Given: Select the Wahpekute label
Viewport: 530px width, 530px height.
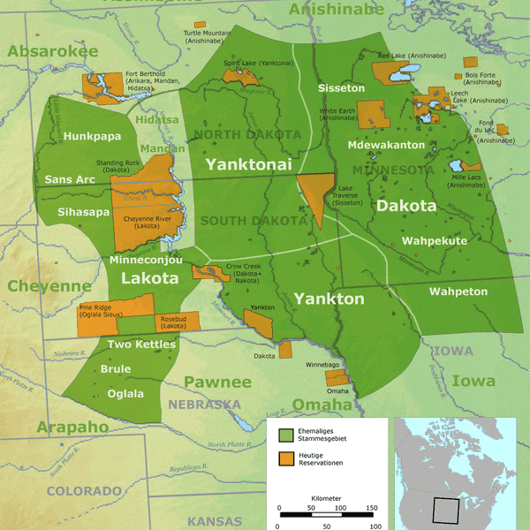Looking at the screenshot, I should coord(434,240).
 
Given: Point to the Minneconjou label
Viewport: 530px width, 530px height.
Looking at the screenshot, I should coord(146,261).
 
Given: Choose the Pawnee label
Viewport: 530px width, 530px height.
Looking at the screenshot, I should coord(217,382).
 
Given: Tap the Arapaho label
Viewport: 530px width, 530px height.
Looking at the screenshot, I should coord(72,428).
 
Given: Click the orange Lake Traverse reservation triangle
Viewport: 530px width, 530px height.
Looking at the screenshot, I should coord(314,190).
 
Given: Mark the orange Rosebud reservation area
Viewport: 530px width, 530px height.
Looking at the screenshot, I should coord(172,323).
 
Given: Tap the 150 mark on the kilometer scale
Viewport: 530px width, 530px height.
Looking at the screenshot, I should coord(371,508).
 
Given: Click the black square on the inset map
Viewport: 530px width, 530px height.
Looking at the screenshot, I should coord(445,511).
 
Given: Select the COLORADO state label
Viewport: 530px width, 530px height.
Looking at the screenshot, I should coord(84,490).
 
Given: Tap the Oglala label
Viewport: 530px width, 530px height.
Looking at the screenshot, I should coord(127,394).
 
